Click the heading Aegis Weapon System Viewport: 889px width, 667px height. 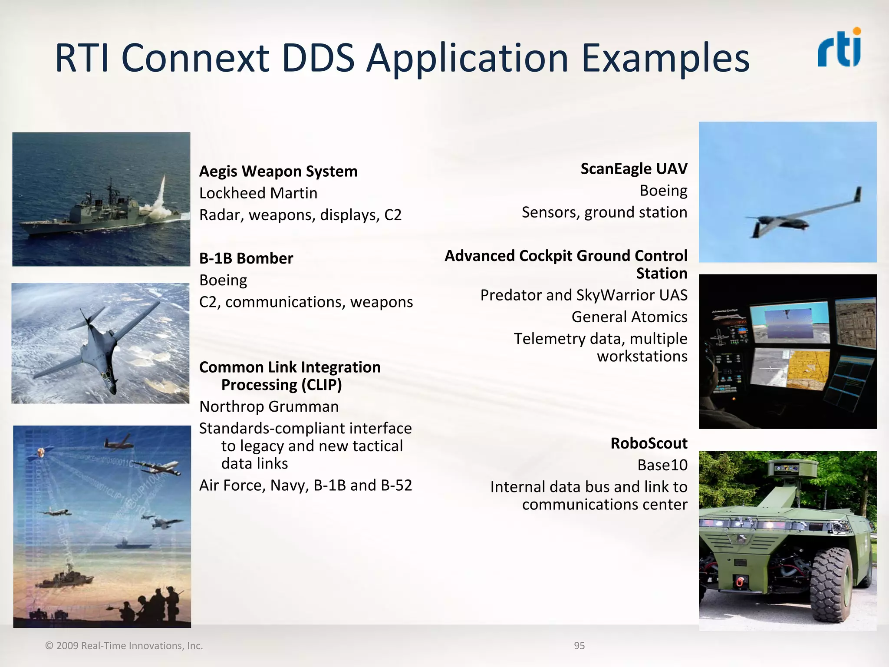click(x=278, y=172)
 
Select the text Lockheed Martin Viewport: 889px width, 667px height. click(x=258, y=193)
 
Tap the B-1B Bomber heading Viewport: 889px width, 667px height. click(x=246, y=258)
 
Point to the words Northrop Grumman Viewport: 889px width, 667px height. click(x=269, y=407)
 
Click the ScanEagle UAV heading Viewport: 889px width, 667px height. click(x=634, y=169)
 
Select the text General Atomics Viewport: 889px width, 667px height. click(x=629, y=317)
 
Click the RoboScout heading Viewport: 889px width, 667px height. click(x=649, y=443)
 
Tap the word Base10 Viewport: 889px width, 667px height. click(x=662, y=465)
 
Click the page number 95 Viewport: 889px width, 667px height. click(x=579, y=646)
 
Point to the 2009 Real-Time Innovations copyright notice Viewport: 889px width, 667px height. click(x=124, y=646)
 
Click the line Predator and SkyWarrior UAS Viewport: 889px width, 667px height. click(x=583, y=295)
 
